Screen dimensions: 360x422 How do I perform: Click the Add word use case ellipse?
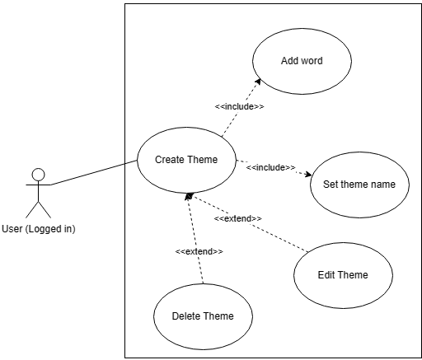coord(302,61)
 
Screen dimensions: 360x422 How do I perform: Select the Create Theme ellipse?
coord(186,160)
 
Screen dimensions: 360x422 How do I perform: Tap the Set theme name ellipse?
coord(359,185)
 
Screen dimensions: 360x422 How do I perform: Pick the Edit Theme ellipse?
coord(343,275)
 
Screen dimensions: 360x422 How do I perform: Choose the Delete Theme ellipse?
coord(203,316)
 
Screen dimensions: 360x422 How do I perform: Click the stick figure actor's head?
coord(37,174)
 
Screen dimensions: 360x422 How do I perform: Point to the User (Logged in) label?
coord(39,228)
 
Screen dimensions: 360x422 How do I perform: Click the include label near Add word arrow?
coord(239,107)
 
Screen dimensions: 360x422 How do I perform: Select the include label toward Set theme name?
coord(270,167)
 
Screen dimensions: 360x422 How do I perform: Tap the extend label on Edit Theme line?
coord(238,218)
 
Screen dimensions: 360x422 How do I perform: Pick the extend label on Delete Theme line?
coord(199,251)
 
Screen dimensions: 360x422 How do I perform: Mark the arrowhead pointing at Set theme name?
coord(307,174)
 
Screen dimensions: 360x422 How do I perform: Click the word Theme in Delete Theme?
coord(218,316)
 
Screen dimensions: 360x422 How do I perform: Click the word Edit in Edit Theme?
coord(326,275)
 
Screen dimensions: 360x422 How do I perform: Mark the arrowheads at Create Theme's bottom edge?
coord(190,194)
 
